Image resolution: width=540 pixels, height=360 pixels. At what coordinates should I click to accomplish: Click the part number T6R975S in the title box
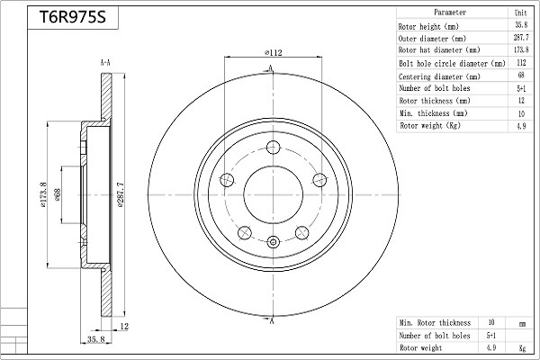73,17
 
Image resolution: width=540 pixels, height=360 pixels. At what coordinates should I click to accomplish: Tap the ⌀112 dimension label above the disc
273,53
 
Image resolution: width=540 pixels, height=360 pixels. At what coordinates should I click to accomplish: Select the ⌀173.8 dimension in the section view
43,195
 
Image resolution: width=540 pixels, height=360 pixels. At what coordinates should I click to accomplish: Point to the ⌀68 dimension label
58,195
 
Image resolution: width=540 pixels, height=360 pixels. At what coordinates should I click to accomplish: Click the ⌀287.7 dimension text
121,195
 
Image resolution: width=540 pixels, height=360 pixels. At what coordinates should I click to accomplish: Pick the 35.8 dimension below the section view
95,339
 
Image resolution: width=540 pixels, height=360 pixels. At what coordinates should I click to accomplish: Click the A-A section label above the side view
105,63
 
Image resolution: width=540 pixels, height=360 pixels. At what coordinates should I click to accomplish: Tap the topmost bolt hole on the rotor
273,148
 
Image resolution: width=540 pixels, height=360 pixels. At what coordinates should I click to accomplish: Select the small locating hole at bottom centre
273,242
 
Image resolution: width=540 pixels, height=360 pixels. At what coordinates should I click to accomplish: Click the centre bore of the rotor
273,195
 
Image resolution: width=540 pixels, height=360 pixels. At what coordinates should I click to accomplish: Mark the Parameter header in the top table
450,13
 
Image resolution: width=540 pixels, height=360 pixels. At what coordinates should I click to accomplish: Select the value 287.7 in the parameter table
521,38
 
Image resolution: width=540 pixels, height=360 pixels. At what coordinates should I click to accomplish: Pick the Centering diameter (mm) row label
439,76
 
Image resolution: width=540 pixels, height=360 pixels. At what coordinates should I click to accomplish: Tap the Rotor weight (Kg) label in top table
430,126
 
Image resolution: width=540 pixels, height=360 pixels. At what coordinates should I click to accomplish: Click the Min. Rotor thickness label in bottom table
435,323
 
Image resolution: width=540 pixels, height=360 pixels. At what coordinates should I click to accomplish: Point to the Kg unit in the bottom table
522,348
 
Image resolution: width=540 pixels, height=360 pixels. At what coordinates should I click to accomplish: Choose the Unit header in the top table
521,13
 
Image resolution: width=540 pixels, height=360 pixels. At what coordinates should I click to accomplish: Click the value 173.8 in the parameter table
521,50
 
